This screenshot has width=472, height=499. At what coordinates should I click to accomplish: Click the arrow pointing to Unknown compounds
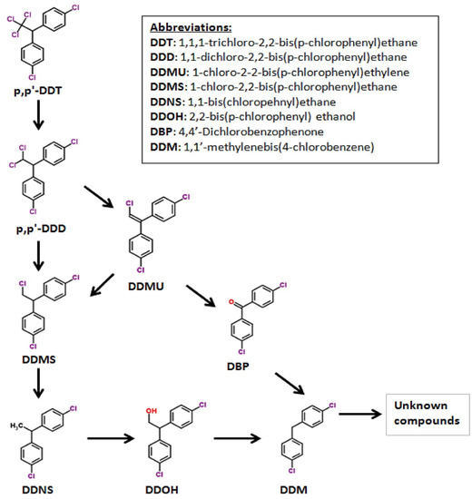coord(354,417)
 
